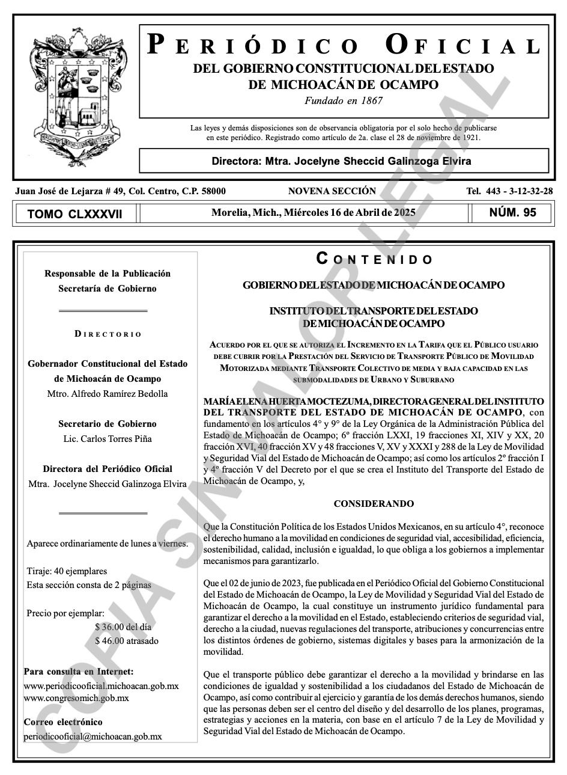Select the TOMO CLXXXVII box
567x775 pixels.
tap(75, 213)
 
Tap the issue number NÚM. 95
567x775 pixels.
tap(512, 212)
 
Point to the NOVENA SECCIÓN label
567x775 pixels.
tap(332, 191)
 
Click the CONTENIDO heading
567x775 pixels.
tap(374, 259)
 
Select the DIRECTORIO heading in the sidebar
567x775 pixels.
tap(108, 334)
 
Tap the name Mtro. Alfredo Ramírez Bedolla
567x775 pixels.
tap(108, 394)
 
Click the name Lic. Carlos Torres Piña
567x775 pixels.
tap(108, 439)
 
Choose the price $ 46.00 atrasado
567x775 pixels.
tap(127, 641)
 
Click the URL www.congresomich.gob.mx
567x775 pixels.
tap(76, 698)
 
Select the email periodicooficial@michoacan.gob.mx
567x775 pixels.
tap(92, 736)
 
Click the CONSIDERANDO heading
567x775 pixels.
tap(374, 503)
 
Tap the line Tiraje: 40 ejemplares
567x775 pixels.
tap(67, 571)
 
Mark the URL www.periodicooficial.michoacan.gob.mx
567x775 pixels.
tap(101, 685)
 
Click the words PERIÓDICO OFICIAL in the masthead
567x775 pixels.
tap(344, 46)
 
